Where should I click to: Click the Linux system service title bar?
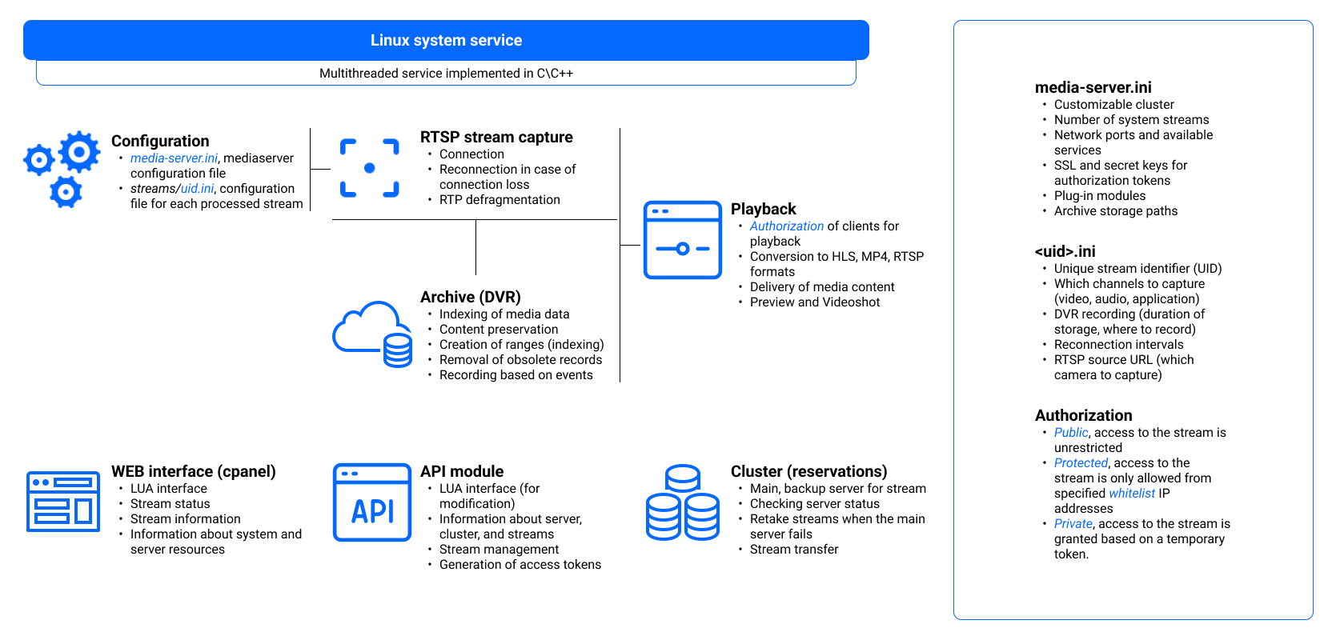[x=446, y=40]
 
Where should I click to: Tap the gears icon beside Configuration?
[x=63, y=169]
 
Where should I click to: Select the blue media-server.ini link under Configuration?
[x=174, y=158]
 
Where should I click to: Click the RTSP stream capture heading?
[x=496, y=137]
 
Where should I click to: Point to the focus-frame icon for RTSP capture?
[x=369, y=168]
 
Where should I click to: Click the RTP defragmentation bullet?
[x=499, y=200]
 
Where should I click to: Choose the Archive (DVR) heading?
[x=471, y=297]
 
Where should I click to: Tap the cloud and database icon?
[x=373, y=334]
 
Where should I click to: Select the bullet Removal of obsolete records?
[x=520, y=360]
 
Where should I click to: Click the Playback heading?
[x=763, y=209]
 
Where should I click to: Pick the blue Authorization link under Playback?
[x=786, y=226]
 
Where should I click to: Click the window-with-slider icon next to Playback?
[x=682, y=240]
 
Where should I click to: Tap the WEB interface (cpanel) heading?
[x=193, y=471]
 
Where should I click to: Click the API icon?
[x=372, y=502]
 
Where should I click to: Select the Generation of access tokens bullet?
[x=520, y=565]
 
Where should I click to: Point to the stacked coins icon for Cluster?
[x=683, y=502]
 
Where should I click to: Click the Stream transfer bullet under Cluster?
[x=794, y=550]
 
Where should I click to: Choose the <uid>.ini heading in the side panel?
[x=1065, y=251]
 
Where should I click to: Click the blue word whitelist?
[x=1132, y=494]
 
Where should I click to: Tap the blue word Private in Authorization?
[x=1073, y=524]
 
